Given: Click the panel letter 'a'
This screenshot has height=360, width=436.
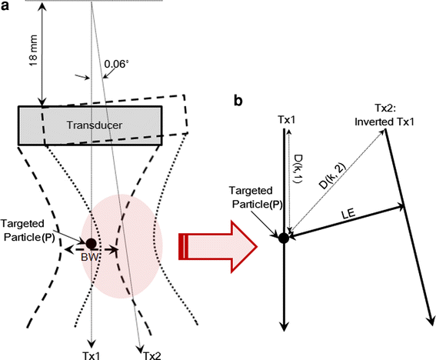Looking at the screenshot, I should tap(5, 7).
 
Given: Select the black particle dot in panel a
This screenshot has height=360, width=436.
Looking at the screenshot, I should tap(92, 243).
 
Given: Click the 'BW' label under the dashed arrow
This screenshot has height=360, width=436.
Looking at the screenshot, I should tap(92, 259).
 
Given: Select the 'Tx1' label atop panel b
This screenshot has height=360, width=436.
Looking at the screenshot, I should tap(285, 120).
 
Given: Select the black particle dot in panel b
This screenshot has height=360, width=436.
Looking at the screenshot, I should tap(284, 238).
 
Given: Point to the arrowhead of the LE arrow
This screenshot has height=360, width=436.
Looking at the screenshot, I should tap(401, 205).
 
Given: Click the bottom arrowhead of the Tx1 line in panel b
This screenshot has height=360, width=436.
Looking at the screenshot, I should tap(284, 327).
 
